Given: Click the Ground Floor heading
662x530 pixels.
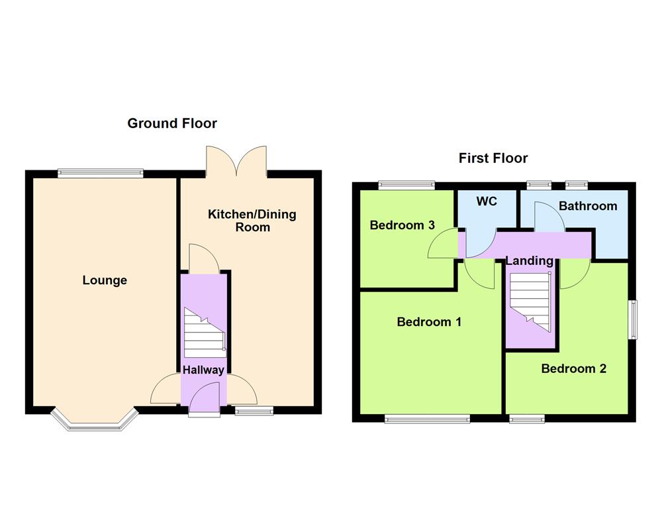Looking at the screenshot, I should (x=172, y=123).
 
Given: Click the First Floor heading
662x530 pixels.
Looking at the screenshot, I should (x=493, y=158).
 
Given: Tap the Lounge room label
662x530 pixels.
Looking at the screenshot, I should (x=105, y=280).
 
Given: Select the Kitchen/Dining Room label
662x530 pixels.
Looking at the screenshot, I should (x=252, y=221).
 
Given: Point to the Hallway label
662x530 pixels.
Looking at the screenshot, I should (x=203, y=370).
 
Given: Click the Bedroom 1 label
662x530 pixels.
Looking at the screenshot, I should (x=429, y=322).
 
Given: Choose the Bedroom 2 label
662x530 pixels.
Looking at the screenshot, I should (x=573, y=369).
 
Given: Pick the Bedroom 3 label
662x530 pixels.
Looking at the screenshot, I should (x=402, y=225).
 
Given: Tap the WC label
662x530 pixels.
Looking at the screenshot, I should (x=487, y=201).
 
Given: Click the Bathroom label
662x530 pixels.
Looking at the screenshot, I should (x=588, y=206).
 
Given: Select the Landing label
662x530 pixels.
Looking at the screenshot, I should (x=530, y=261).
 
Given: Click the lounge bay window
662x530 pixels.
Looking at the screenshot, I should (x=95, y=421).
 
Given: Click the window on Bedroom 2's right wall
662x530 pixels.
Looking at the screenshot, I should (x=633, y=321).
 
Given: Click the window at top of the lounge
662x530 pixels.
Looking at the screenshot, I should (x=100, y=174).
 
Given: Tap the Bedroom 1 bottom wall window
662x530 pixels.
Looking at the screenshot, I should (x=427, y=418).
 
